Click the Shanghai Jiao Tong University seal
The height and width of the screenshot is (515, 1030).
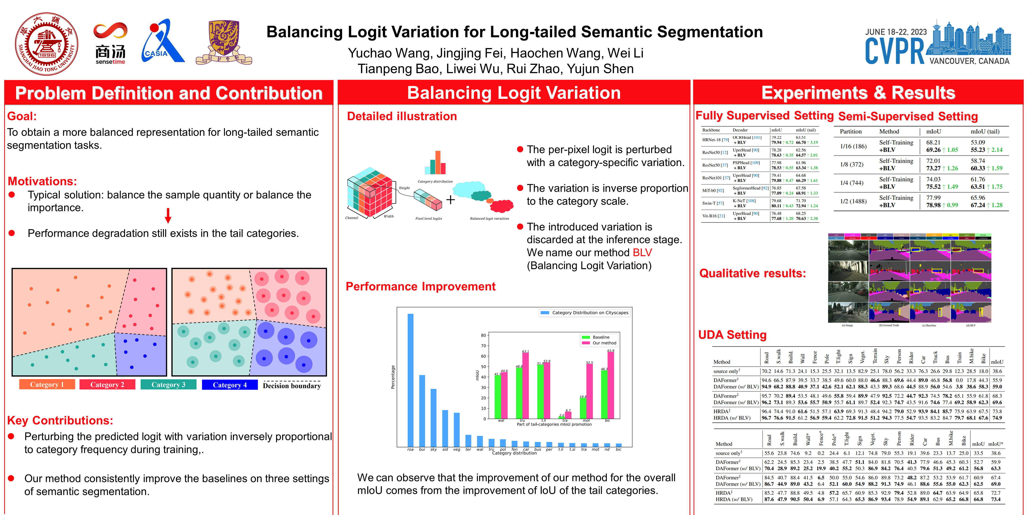tap(46, 44)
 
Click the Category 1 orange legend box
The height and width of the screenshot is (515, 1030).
tap(47, 384)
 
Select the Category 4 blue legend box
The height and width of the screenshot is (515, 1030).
tap(230, 385)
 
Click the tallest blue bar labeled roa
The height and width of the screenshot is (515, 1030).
tap(410, 380)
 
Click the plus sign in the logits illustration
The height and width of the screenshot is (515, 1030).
tap(451, 200)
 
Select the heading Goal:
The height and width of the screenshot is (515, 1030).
tap(22, 116)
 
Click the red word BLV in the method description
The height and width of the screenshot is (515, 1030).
tap(642, 253)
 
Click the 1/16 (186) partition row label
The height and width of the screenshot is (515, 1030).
tap(853, 146)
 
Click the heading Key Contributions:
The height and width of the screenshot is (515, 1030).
tap(60, 420)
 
